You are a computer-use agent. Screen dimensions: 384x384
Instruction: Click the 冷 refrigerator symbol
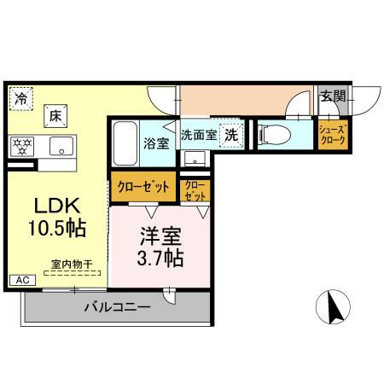click(21, 99)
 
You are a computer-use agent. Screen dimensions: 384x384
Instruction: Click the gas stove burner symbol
click(23, 145)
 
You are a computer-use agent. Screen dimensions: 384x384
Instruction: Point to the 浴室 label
click(156, 143)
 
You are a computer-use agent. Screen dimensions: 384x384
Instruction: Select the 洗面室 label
click(198, 135)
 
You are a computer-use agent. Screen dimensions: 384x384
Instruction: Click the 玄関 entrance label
click(334, 97)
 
